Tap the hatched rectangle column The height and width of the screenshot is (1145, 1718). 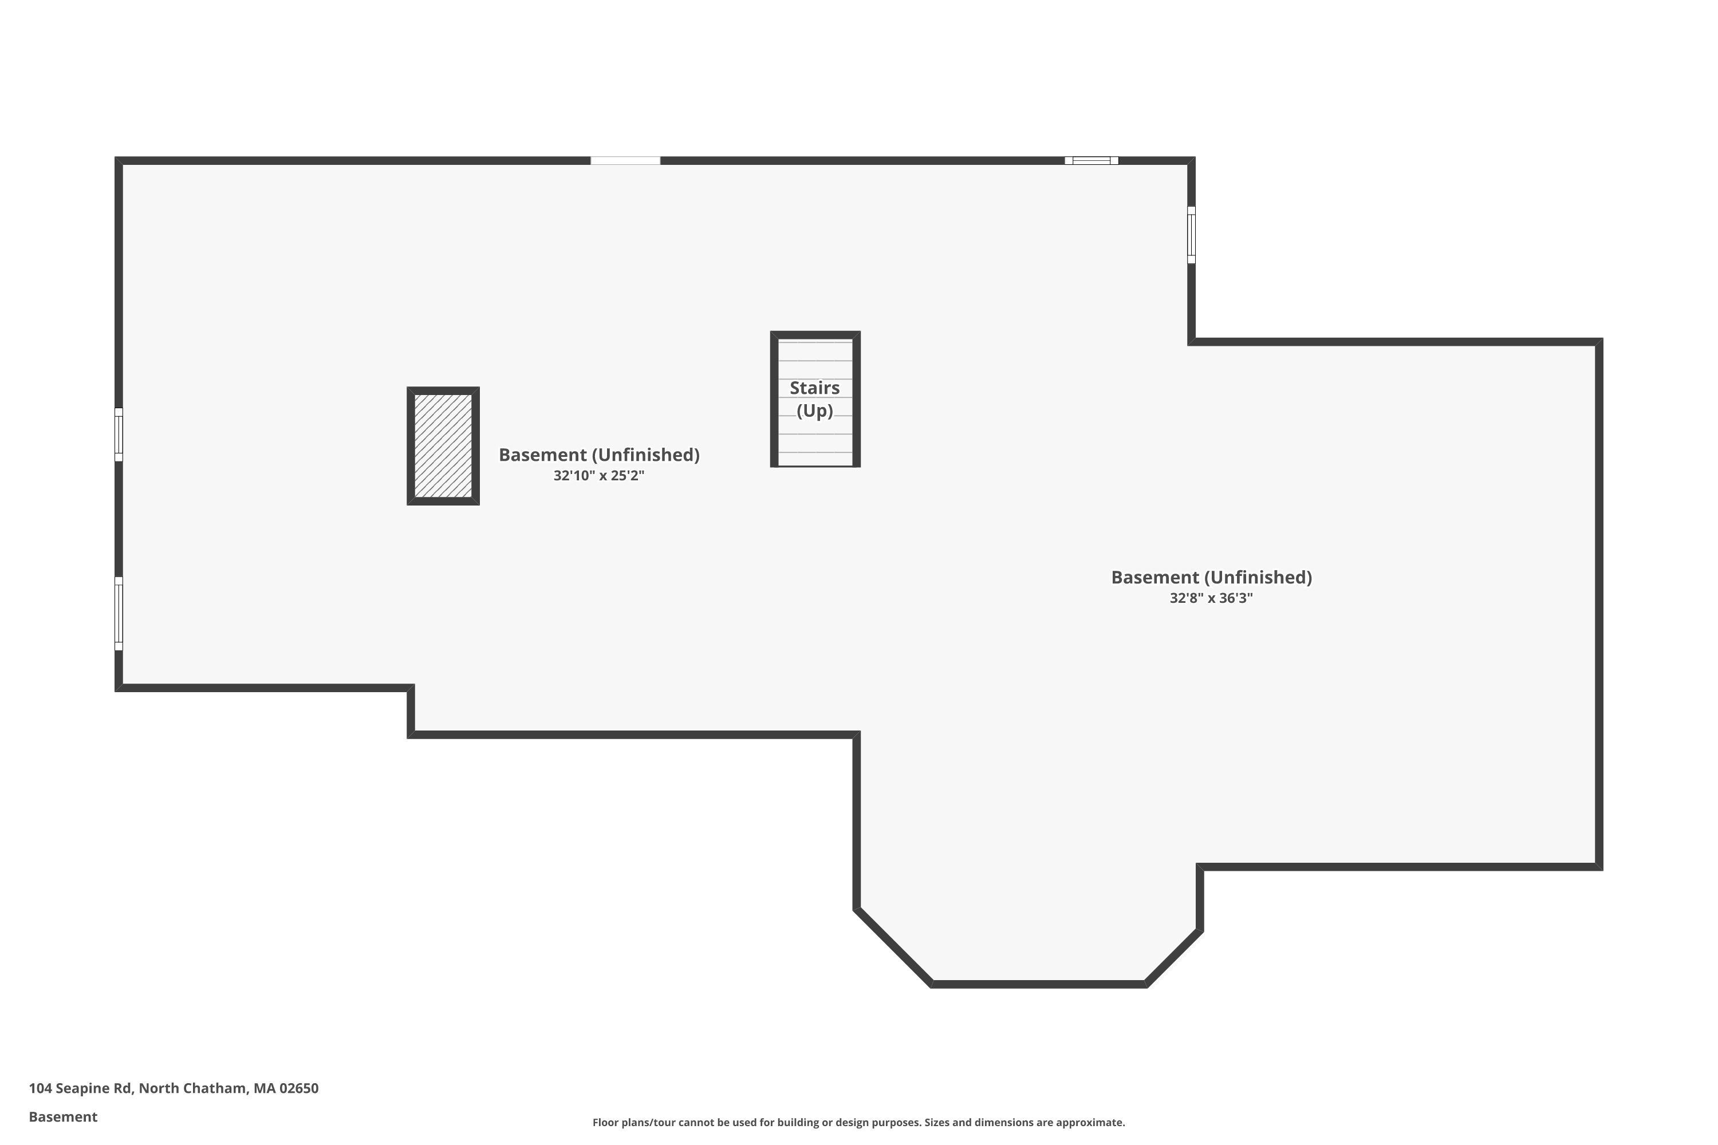coord(443,446)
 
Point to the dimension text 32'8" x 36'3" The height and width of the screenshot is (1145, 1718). coord(1211,599)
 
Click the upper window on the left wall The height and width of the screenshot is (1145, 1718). coord(119,435)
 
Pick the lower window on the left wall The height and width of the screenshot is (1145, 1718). coord(119,613)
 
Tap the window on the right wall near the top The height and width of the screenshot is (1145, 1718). coord(1191,234)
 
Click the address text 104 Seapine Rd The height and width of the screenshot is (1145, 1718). coord(80,1088)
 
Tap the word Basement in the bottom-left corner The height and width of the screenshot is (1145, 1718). coord(63,1116)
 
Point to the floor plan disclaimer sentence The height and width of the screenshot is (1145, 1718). coord(858,1122)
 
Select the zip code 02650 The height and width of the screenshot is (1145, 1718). coord(299,1088)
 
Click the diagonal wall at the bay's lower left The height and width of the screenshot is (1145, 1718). coord(893,947)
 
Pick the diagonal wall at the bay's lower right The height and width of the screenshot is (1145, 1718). coord(1173,957)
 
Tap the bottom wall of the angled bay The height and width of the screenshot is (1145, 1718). coord(1039,984)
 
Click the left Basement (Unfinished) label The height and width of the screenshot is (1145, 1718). coord(599,455)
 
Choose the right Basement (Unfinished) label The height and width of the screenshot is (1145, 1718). coord(1211,578)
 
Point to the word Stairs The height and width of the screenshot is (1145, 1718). coord(814,388)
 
